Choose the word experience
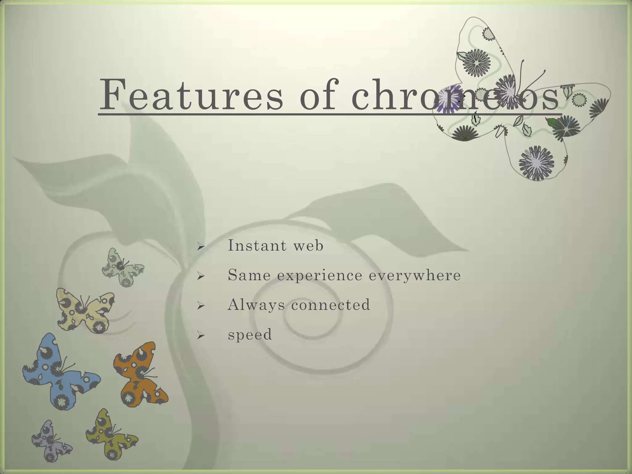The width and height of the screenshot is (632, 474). click(x=320, y=276)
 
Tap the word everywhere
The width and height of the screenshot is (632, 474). click(x=415, y=276)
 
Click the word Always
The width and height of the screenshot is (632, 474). click(x=256, y=305)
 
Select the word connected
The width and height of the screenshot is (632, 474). click(x=331, y=305)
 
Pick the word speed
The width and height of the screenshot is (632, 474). click(x=250, y=335)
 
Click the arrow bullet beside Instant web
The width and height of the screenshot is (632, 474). click(x=201, y=246)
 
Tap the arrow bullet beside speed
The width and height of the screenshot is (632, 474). click(x=201, y=335)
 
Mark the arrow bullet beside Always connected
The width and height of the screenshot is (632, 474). click(x=201, y=306)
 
